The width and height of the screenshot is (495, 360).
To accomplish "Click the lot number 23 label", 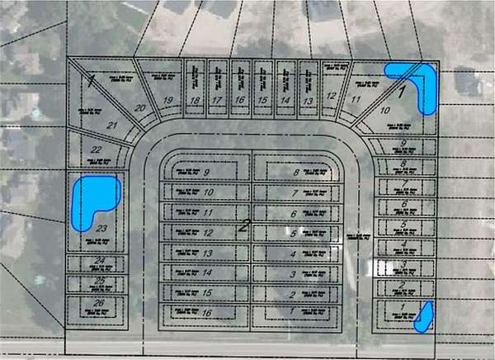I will tap(102, 228).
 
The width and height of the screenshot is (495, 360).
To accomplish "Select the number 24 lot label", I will tap(100, 263).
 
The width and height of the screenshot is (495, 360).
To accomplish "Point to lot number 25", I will tap(100, 282).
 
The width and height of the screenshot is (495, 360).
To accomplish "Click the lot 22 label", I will tap(97, 149).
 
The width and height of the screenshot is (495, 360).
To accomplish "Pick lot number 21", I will tap(113, 126).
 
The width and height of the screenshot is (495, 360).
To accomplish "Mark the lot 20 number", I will tap(139, 108).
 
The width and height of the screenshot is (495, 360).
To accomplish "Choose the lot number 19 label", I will tap(167, 101).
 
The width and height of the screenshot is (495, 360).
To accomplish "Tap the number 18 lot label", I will tap(195, 101).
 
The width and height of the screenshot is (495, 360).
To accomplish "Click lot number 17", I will tap(217, 101).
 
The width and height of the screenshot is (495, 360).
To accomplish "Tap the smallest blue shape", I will tap(423, 316).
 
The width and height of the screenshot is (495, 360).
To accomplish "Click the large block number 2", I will tap(245, 224).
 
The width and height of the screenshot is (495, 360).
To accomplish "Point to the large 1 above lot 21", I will tap(92, 80).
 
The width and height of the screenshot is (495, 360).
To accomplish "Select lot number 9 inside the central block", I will tap(207, 173).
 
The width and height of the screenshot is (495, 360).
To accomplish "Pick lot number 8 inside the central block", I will tap(295, 173).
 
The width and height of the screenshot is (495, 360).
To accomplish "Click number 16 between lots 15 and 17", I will tap(239, 101).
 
